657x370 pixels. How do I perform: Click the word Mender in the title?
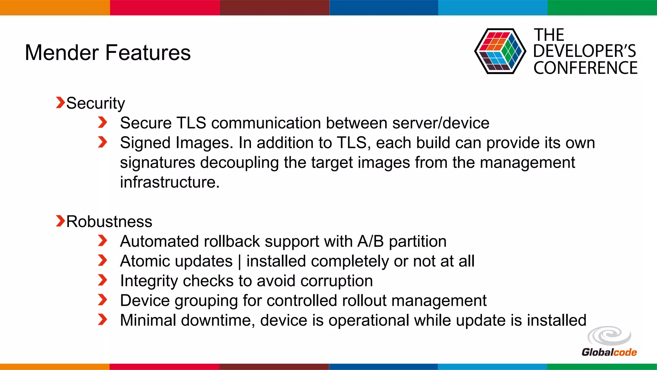[x=62, y=53]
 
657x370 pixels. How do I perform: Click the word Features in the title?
[x=148, y=53]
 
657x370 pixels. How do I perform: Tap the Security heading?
[x=95, y=104]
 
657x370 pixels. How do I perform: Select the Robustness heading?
[x=109, y=222]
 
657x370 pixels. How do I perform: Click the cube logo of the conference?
[x=499, y=51]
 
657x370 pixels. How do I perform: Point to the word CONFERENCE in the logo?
[x=585, y=68]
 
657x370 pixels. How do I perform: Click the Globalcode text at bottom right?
[x=609, y=352]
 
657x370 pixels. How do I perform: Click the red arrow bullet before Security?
[x=60, y=103]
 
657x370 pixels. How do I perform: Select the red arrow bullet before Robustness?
[x=60, y=221]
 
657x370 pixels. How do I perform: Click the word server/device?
[x=441, y=123]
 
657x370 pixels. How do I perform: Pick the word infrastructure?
[x=169, y=182]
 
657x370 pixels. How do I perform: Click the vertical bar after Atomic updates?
[x=240, y=262]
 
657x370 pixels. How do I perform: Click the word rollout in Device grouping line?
[x=364, y=301]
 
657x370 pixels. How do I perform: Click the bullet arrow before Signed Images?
[x=102, y=142]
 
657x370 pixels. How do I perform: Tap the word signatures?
[x=157, y=163]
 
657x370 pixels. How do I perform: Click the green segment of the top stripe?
[x=602, y=7]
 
